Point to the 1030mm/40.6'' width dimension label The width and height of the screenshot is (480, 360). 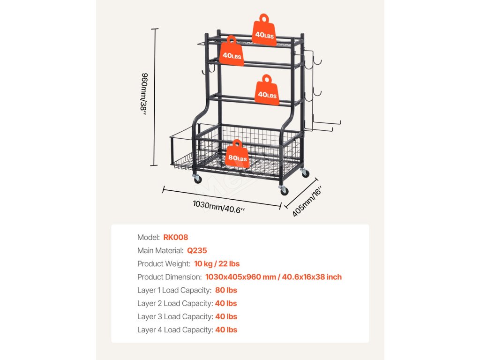coord(219,206)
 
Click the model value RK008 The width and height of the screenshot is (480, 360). coord(176,238)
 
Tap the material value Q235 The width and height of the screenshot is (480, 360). coord(197,251)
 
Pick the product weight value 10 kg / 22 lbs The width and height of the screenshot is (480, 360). coord(217,264)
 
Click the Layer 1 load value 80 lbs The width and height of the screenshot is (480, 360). coord(226,290)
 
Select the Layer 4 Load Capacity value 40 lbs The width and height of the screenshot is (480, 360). coord(226,330)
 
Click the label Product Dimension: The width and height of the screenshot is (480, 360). coord(169,277)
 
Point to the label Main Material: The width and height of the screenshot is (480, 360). coord(160,251)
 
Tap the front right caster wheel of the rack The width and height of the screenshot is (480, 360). coord(284,190)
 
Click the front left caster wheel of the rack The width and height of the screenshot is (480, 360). coord(197,178)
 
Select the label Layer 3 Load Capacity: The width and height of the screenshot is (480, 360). coord(174,316)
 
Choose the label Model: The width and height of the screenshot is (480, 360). coord(148,238)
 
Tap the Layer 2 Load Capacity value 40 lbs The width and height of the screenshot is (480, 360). coord(226,303)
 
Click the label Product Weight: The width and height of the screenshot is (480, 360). coord(164,264)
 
